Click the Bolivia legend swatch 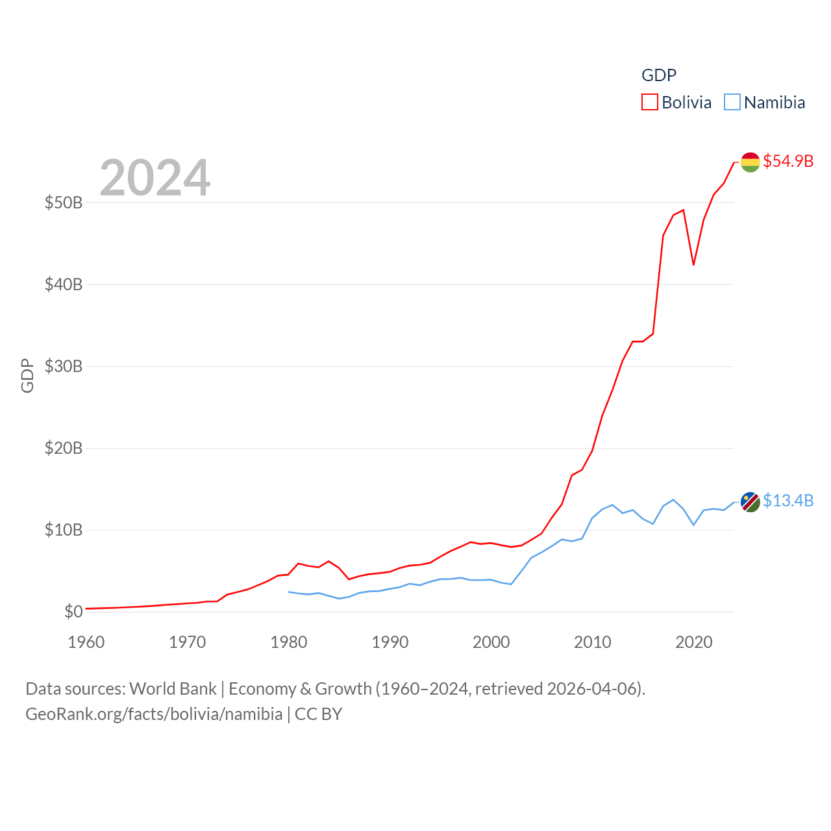point(649,102)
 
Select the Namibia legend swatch point(732,102)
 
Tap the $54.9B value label point(788,161)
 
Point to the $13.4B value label point(788,501)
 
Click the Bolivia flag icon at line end point(750,162)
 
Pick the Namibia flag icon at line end point(750,502)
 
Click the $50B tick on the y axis point(64,203)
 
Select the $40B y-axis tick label point(64,284)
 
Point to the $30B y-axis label point(64,366)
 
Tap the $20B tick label point(64,448)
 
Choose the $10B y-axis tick point(64,530)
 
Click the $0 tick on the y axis point(73,612)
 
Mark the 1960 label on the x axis point(86,642)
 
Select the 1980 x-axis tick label point(289,642)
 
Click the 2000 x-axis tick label point(491,642)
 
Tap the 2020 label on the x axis point(694,642)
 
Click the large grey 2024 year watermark point(155,177)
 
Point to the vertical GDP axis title point(27,375)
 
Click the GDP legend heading point(659,75)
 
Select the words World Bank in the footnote point(173,688)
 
